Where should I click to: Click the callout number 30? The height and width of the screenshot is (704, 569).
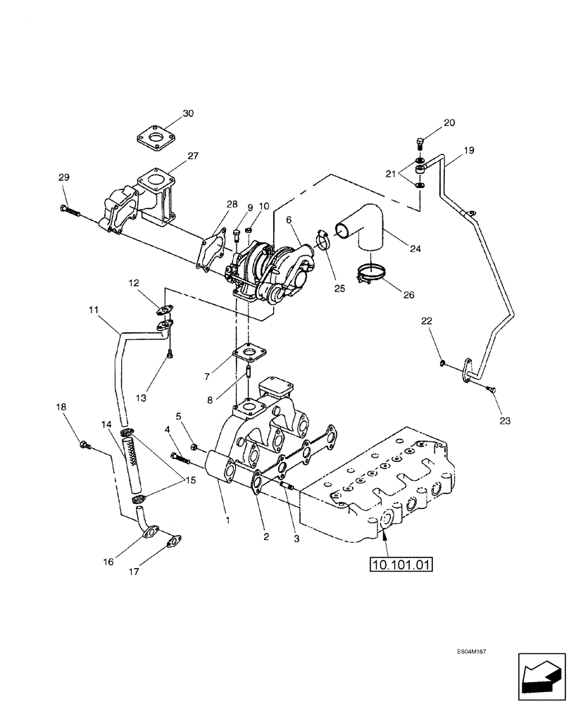[x=168, y=113]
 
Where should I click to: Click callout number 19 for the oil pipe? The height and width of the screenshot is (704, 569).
[x=469, y=151]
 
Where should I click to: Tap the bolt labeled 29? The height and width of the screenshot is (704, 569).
[x=69, y=209]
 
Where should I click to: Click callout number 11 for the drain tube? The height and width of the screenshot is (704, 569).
[x=94, y=309]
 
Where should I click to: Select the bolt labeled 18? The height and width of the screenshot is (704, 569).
[x=85, y=445]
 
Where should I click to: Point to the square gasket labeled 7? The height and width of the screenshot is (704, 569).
[x=249, y=352]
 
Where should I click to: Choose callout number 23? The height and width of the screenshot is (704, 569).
[x=505, y=421]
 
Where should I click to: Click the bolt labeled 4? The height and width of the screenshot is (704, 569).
[x=182, y=460]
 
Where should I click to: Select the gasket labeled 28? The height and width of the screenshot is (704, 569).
[x=212, y=249]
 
